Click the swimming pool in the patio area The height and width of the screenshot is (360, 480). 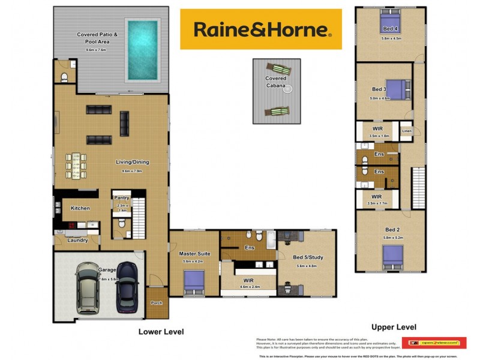pyautogui.click(x=143, y=50)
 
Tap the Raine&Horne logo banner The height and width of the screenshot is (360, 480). pyautogui.click(x=260, y=29)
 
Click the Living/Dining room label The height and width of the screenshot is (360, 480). pyautogui.click(x=132, y=162)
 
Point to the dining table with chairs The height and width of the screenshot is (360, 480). pyautogui.click(x=76, y=165)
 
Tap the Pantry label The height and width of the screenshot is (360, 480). pyautogui.click(x=122, y=197)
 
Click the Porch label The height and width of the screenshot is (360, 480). pyautogui.click(x=157, y=303)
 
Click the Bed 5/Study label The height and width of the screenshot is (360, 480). pyautogui.click(x=308, y=257)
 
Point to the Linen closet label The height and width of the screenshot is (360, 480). pyautogui.click(x=406, y=130)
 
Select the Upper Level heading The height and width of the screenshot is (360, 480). pyautogui.click(x=394, y=327)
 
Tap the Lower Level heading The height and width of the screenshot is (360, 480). pyautogui.click(x=161, y=331)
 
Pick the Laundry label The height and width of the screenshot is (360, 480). pyautogui.click(x=77, y=240)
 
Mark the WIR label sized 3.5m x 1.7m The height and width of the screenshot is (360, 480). pyautogui.click(x=377, y=196)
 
